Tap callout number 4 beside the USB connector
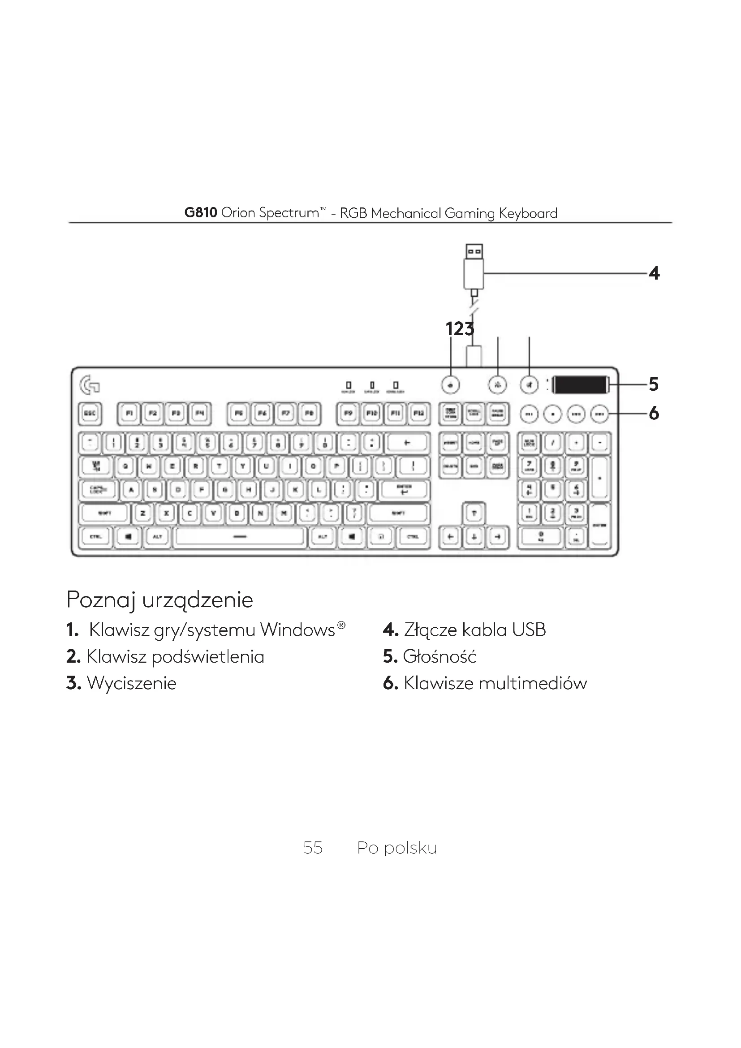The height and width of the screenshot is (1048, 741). (x=654, y=273)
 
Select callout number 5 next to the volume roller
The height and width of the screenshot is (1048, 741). (x=653, y=384)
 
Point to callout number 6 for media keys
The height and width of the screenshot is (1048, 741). (x=653, y=414)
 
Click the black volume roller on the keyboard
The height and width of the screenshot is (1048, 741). (x=580, y=385)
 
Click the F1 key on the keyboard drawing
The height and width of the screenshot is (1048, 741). (x=129, y=414)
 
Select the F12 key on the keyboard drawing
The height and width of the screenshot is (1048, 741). (x=419, y=414)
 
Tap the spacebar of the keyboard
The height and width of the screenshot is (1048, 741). (x=240, y=537)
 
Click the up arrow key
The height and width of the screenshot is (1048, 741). (x=474, y=513)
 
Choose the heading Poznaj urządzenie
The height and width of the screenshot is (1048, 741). (x=159, y=600)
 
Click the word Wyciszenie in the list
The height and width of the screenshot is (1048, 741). (x=131, y=683)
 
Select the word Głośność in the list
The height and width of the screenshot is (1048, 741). (x=439, y=657)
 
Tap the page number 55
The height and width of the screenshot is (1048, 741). (x=313, y=848)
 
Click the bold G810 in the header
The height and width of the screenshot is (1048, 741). (x=200, y=213)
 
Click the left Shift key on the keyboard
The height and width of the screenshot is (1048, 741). (x=105, y=513)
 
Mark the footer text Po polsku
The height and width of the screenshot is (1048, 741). (x=396, y=848)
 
